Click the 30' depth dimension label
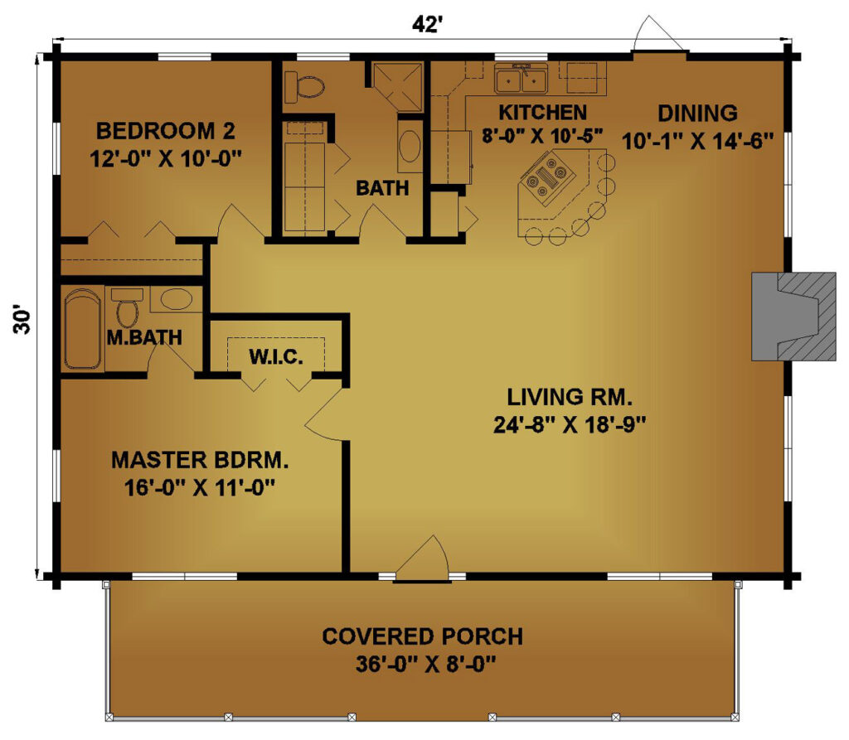pos(22,321)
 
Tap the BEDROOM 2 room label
pos(166,131)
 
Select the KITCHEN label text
pos(542,113)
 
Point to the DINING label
pos(697,114)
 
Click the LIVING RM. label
pos(570,397)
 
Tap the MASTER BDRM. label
pos(200,460)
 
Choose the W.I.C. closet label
pos(276,356)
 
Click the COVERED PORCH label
pos(422,636)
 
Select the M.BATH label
pos(144,337)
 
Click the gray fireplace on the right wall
pos(793,317)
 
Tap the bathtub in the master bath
pos(84,329)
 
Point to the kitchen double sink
pos(521,80)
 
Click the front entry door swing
pos(422,559)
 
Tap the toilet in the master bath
pos(128,308)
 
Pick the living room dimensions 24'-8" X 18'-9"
pos(570,425)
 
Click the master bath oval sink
pos(177,299)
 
